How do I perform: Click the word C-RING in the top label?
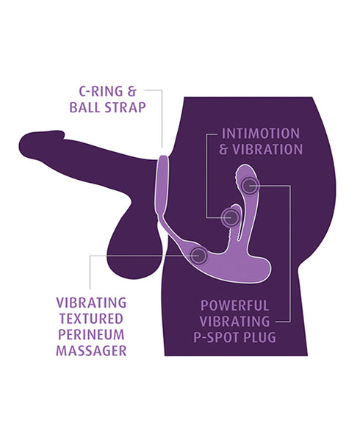[101, 91]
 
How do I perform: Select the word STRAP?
[125, 107]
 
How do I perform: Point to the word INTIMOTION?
[260, 134]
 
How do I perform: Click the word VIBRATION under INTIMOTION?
[267, 150]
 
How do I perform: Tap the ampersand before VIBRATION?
[223, 150]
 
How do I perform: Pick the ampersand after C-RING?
[132, 91]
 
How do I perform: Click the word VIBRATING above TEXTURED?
[91, 303]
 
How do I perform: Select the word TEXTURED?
[91, 319]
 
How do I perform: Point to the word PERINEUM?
[91, 335]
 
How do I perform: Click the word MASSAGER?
[91, 351]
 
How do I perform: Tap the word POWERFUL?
[234, 305]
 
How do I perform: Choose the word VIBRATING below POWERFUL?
[234, 322]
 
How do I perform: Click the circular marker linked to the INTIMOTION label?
[230, 217]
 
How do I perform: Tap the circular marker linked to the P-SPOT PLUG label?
[250, 186]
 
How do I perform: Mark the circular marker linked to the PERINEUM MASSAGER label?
[198, 256]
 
